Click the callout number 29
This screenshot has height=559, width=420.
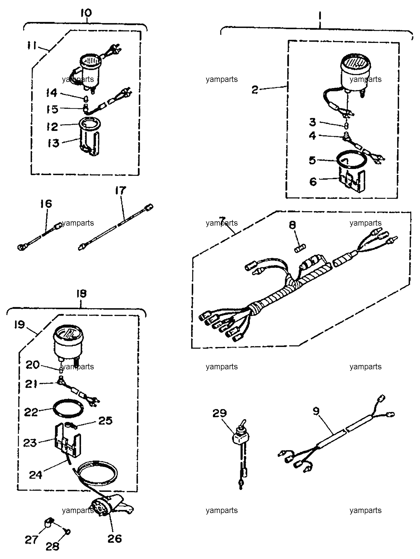click(220, 413)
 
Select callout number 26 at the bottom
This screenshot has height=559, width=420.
click(114, 538)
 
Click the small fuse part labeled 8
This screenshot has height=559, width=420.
click(300, 248)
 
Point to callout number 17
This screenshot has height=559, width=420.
click(121, 191)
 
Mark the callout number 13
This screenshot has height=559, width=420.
click(54, 143)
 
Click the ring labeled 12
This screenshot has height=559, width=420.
click(90, 123)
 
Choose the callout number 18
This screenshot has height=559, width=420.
click(81, 293)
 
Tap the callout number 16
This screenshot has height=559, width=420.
click(46, 204)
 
